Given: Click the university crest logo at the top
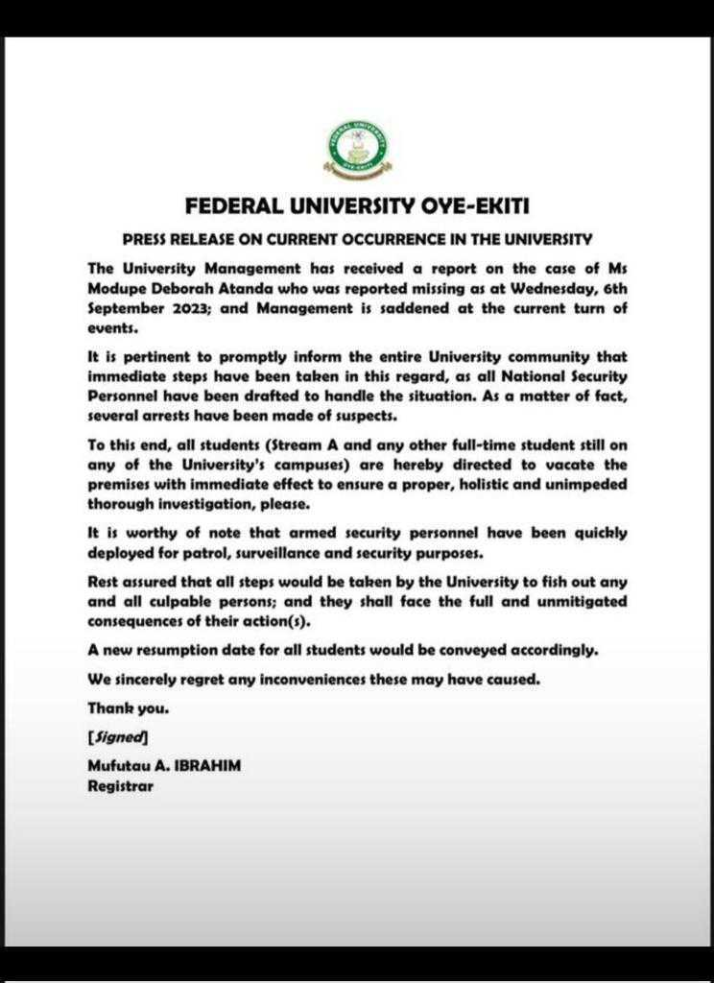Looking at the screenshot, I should [x=357, y=151].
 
